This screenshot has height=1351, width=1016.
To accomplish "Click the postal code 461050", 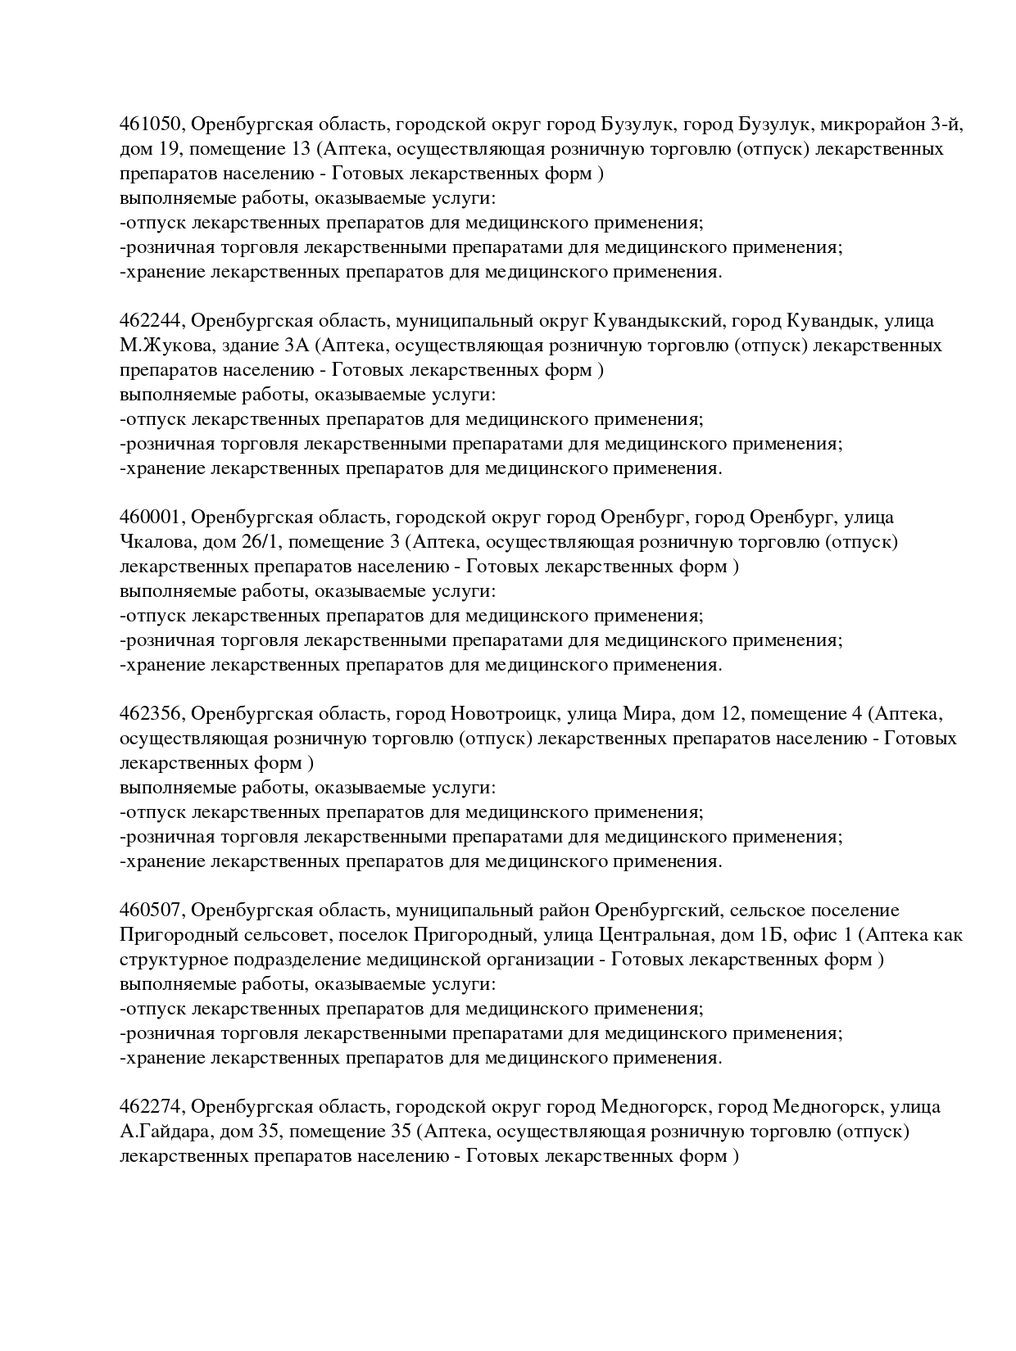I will (x=153, y=124).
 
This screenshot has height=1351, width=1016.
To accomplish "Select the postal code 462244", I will (x=153, y=321).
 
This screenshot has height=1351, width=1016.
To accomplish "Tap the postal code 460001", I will (x=153, y=517).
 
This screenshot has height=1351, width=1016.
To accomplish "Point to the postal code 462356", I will (x=153, y=714).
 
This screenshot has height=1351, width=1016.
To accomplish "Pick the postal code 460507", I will (x=153, y=910).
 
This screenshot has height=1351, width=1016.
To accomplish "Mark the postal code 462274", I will (x=153, y=1107).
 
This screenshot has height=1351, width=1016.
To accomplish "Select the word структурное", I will (x=172, y=960).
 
